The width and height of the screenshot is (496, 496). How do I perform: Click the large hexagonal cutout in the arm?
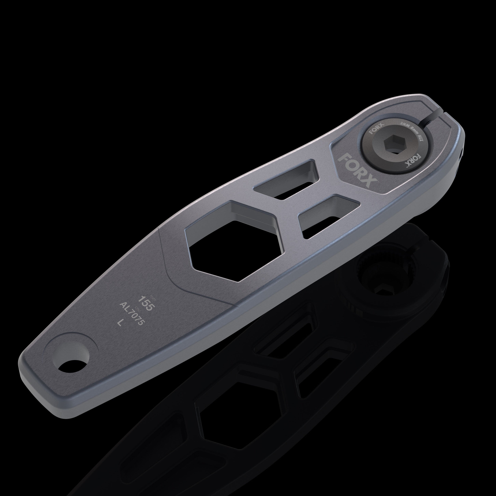pos(232,242)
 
